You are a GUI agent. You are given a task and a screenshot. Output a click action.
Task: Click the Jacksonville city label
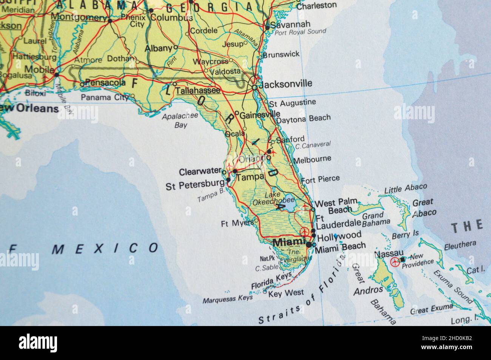click(286, 83)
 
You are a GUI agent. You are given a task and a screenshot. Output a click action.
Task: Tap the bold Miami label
click(289, 242)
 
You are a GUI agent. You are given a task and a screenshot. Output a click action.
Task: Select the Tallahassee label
click(198, 91)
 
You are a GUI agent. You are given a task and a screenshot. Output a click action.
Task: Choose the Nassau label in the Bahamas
click(389, 254)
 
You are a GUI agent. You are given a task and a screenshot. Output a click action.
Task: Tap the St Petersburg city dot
click(228, 180)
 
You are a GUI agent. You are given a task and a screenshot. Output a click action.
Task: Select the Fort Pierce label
click(320, 178)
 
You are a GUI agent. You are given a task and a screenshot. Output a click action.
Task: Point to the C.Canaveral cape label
click(313, 145)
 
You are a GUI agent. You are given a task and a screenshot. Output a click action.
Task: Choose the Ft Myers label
click(237, 223)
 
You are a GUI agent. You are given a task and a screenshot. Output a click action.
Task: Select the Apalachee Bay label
click(180, 121)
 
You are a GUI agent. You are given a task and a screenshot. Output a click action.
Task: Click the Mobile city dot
click(56, 75)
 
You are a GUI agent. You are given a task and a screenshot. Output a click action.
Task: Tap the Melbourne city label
click(312, 159)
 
